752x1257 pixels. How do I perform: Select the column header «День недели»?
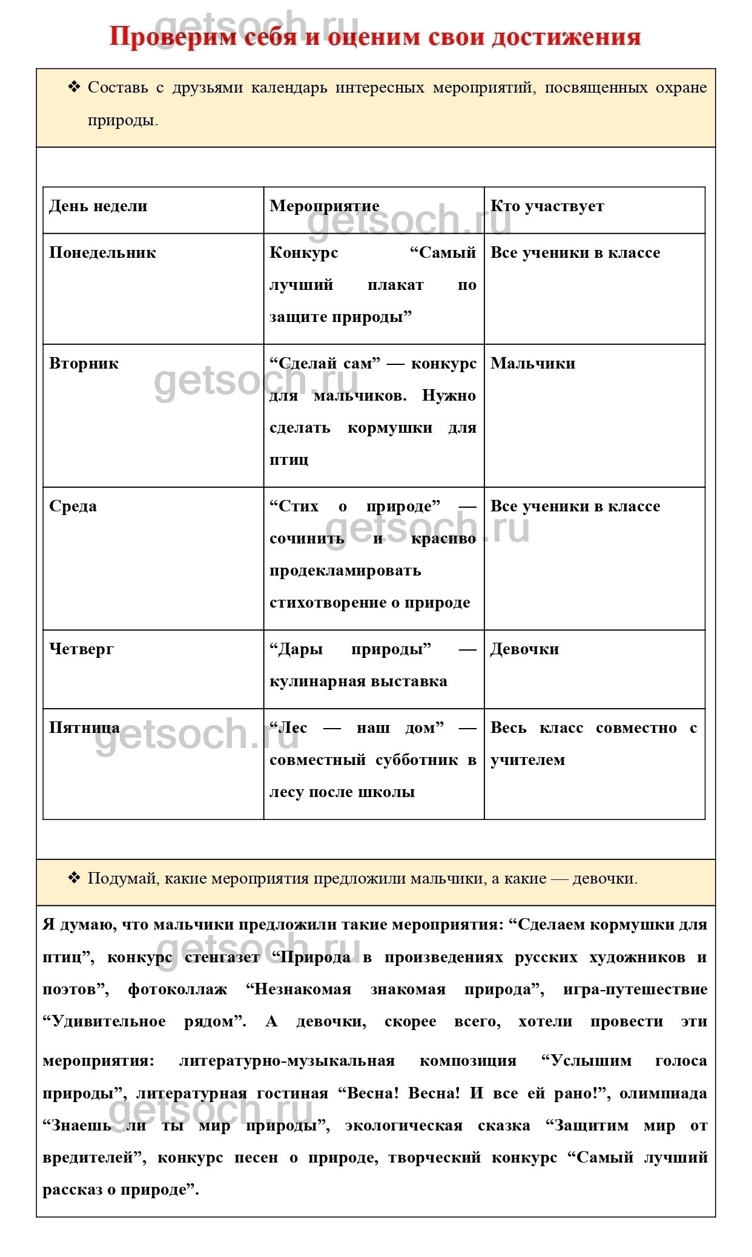click(x=98, y=206)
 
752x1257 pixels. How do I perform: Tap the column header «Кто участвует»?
click(x=547, y=206)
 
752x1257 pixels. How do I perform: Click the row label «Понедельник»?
click(x=102, y=253)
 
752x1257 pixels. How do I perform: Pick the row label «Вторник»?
click(x=84, y=364)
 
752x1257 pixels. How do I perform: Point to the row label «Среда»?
click(x=73, y=507)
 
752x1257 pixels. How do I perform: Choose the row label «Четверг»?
click(x=81, y=649)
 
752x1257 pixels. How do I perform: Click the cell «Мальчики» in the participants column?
click(x=533, y=364)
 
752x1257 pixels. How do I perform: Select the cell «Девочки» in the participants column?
click(x=524, y=649)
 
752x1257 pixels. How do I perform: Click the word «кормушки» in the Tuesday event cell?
click(x=390, y=428)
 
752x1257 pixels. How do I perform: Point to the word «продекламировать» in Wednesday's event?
click(x=345, y=571)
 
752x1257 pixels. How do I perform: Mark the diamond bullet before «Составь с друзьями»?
click(x=74, y=87)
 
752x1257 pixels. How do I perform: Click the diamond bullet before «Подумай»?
click(x=74, y=878)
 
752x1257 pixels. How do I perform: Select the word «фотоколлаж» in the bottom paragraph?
click(x=177, y=990)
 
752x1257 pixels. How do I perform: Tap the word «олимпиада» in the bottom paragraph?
click(x=663, y=1094)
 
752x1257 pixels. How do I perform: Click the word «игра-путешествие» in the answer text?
click(x=635, y=990)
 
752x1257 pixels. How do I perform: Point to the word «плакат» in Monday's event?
click(x=395, y=285)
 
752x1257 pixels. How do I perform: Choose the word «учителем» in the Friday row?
click(x=527, y=760)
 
